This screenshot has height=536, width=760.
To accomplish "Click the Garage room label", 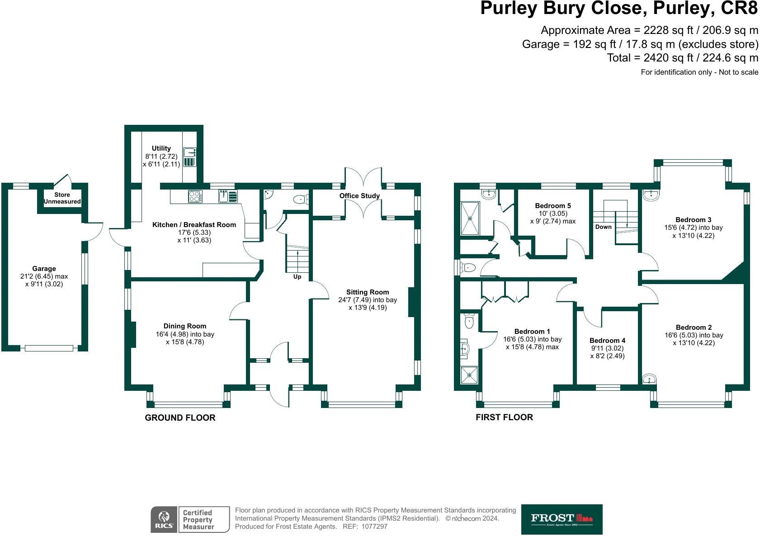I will pyautogui.click(x=44, y=269).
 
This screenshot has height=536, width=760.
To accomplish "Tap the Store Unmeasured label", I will pyautogui.click(x=62, y=198).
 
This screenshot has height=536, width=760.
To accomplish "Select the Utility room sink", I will pyautogui.click(x=189, y=152).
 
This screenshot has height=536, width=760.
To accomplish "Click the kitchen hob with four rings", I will pyautogui.click(x=195, y=196).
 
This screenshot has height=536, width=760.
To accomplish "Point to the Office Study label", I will pyautogui.click(x=359, y=196).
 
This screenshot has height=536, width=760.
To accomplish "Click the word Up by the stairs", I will pyautogui.click(x=297, y=277).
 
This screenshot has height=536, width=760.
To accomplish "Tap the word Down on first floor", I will pyautogui.click(x=603, y=227).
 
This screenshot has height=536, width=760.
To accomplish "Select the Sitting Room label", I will pyautogui.click(x=368, y=292).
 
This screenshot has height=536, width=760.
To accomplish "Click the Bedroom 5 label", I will pyautogui.click(x=553, y=206).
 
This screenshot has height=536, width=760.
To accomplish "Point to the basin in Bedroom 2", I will pyautogui.click(x=649, y=379).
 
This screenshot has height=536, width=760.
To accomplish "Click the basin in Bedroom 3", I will pyautogui.click(x=651, y=194).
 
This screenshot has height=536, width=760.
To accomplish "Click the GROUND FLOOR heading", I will pyautogui.click(x=180, y=418).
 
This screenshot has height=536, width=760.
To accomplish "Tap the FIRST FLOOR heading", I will pyautogui.click(x=504, y=417).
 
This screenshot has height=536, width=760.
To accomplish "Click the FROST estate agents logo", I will pyautogui.click(x=562, y=519).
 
